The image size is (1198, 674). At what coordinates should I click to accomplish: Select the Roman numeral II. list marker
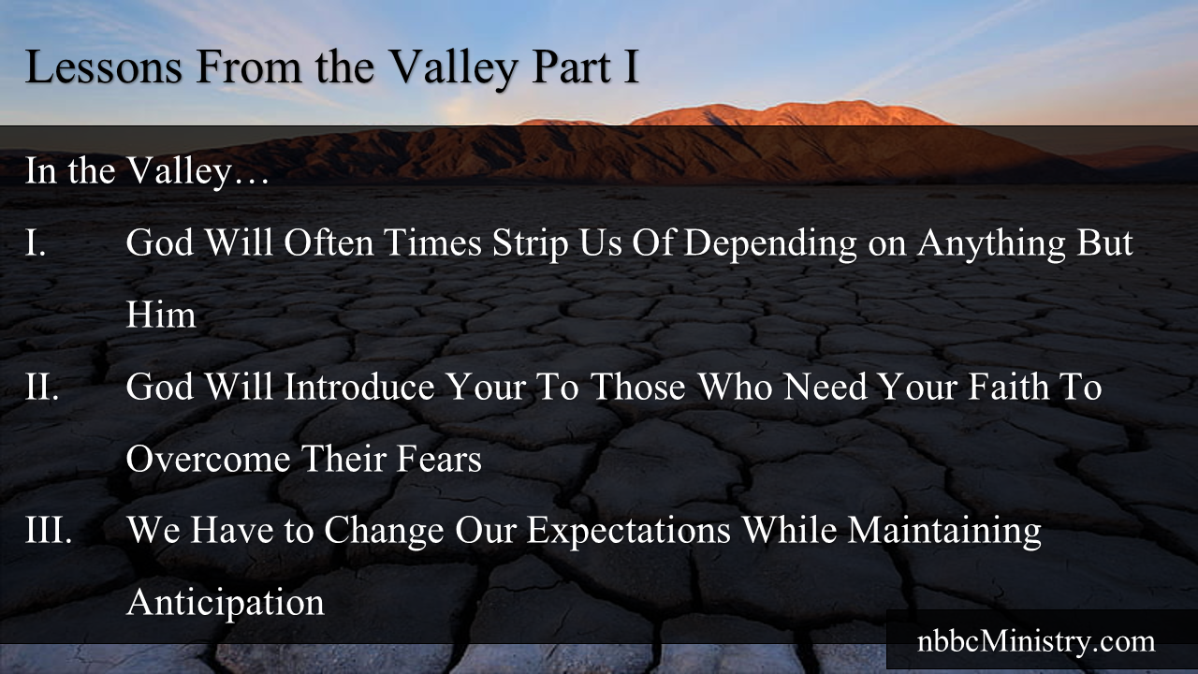pos(42,387)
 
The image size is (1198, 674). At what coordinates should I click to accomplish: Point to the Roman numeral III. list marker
pos(49,530)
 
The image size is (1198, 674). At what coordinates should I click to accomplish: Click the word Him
pos(161,315)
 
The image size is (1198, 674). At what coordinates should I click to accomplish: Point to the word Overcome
pos(210,459)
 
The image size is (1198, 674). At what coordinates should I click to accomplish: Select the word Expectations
pos(628,530)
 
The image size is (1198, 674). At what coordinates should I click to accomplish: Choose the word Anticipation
pos(226,603)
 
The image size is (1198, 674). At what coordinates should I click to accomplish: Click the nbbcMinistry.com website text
pos(1035,642)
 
